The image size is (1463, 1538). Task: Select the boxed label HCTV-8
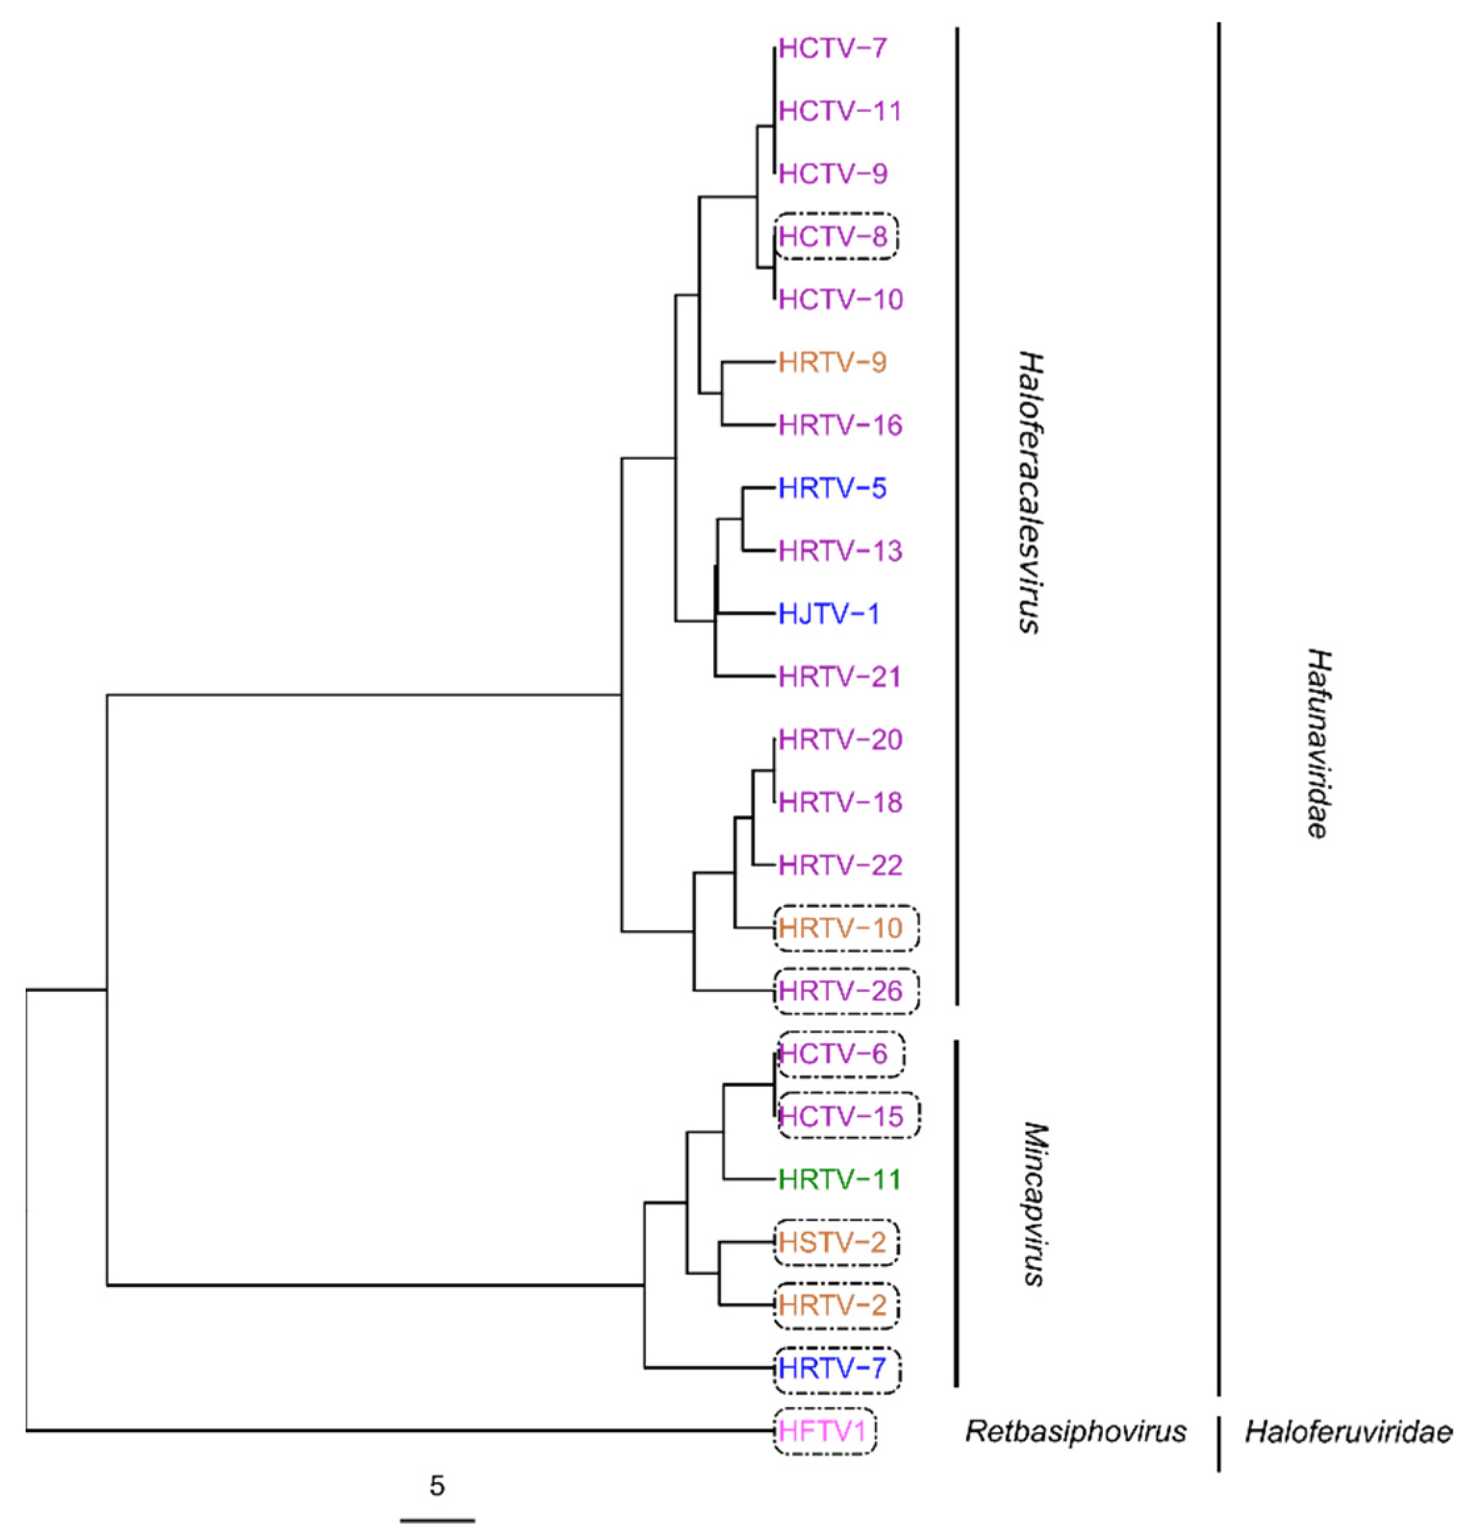click(x=833, y=236)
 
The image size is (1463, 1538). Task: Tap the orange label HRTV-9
click(x=832, y=362)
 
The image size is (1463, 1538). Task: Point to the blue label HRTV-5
click(x=832, y=489)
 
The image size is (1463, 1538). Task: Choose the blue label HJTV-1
click(x=828, y=614)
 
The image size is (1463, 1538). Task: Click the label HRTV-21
click(x=840, y=676)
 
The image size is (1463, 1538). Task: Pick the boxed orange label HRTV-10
click(x=840, y=928)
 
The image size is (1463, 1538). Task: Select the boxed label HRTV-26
click(x=840, y=991)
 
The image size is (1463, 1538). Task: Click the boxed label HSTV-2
click(x=832, y=1242)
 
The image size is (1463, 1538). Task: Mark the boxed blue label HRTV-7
click(x=832, y=1368)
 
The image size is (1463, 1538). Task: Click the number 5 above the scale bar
click(x=437, y=1486)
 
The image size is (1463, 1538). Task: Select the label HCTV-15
click(x=840, y=1116)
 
